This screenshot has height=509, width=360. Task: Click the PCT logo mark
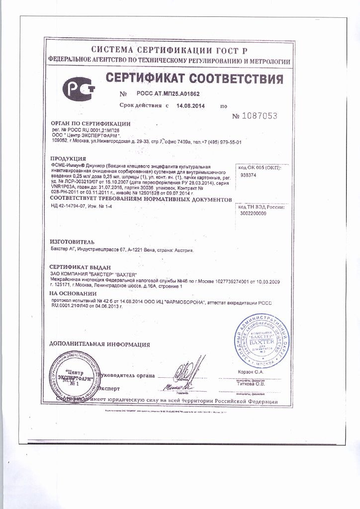pos(78,88)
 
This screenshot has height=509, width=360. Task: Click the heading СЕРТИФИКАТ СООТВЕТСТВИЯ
pos(194,79)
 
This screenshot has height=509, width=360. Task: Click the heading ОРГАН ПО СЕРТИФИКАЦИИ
pos(90,123)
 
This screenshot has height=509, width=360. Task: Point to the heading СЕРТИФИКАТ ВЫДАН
pos(80,267)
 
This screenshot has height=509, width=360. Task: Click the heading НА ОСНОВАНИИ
pos(73,293)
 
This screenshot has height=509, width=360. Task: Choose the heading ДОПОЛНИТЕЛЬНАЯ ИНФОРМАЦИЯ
pos(99,344)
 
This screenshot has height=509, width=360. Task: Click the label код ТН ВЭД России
pos(260,205)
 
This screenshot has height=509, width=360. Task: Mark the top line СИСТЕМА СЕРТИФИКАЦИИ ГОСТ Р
pos(169,51)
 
